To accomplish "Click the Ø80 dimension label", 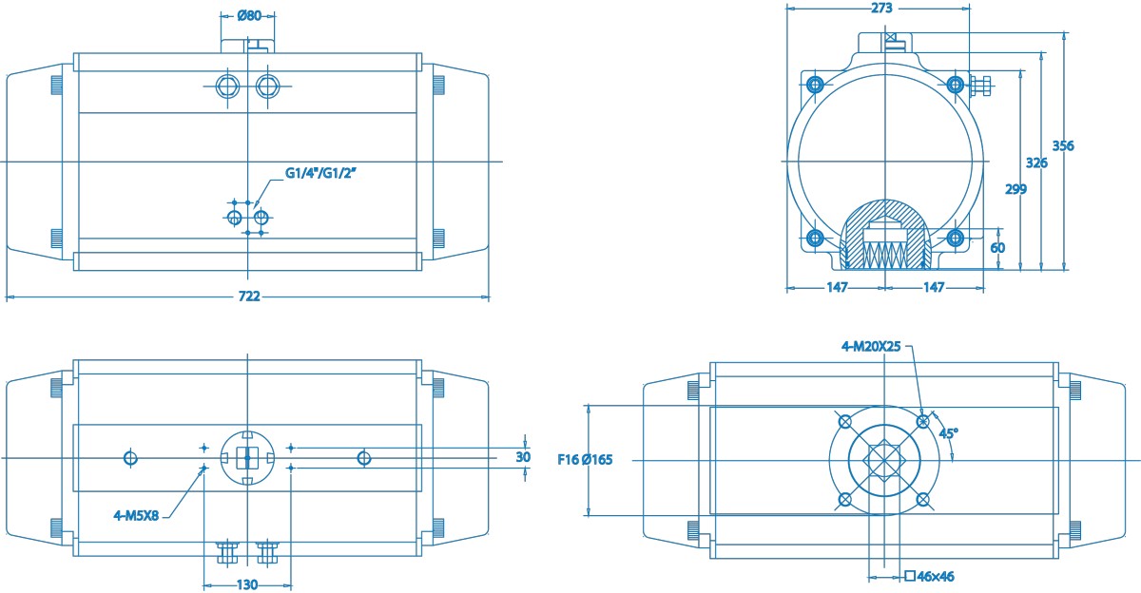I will [248, 15].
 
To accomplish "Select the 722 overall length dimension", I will [248, 296].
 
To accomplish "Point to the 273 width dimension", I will [881, 8].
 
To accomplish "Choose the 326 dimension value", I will [1037, 163].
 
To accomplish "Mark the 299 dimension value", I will [1015, 188].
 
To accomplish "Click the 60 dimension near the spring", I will [997, 247].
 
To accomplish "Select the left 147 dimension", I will [836, 287].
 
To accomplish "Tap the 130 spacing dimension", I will [247, 584].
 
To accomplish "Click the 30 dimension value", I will [523, 457].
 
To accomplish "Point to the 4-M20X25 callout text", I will [871, 347].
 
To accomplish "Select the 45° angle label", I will [948, 432].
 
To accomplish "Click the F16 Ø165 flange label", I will [585, 460].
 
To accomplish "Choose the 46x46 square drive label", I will [935, 576].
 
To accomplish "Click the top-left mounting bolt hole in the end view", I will [814, 85].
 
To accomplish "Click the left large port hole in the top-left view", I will [228, 86].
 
